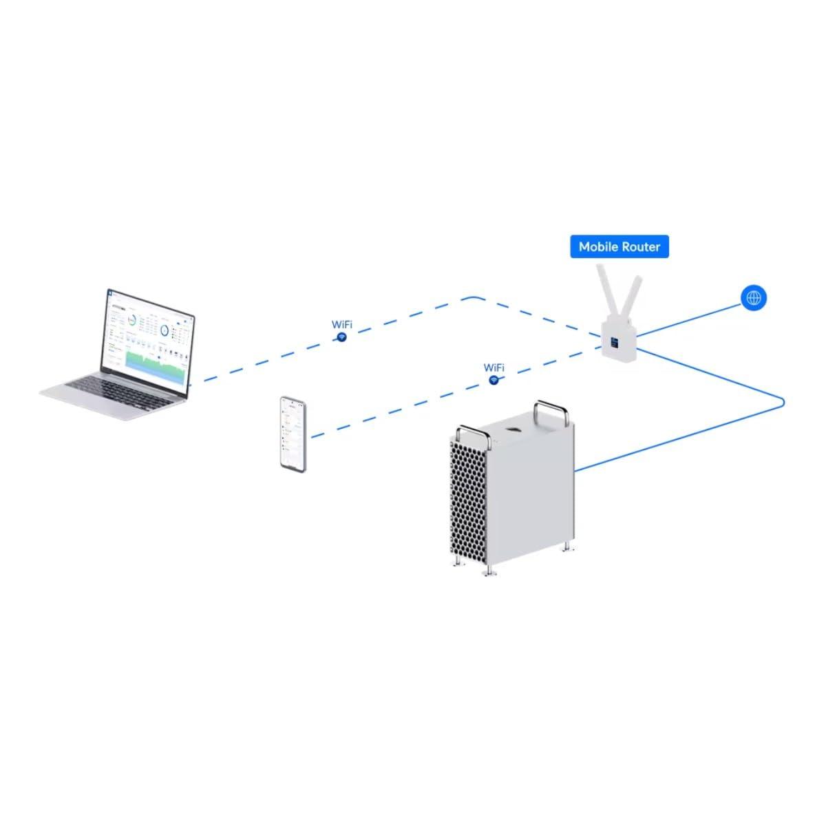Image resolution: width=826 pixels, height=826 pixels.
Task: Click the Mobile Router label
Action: (619, 246)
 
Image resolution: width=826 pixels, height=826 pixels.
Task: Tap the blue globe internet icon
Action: (754, 297)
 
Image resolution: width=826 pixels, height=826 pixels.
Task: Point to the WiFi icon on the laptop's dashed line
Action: (341, 337)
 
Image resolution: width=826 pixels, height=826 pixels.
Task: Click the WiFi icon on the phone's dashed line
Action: (494, 380)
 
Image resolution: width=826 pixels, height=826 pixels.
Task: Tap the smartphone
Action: (293, 434)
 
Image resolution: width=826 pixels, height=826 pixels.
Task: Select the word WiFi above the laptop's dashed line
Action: (342, 324)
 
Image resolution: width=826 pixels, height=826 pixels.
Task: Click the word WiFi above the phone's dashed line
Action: (494, 368)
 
